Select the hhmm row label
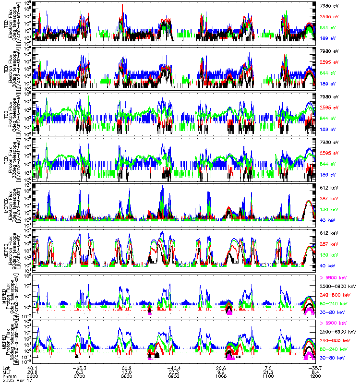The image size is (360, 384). coord(8,376)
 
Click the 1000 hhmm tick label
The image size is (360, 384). coord(221,376)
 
